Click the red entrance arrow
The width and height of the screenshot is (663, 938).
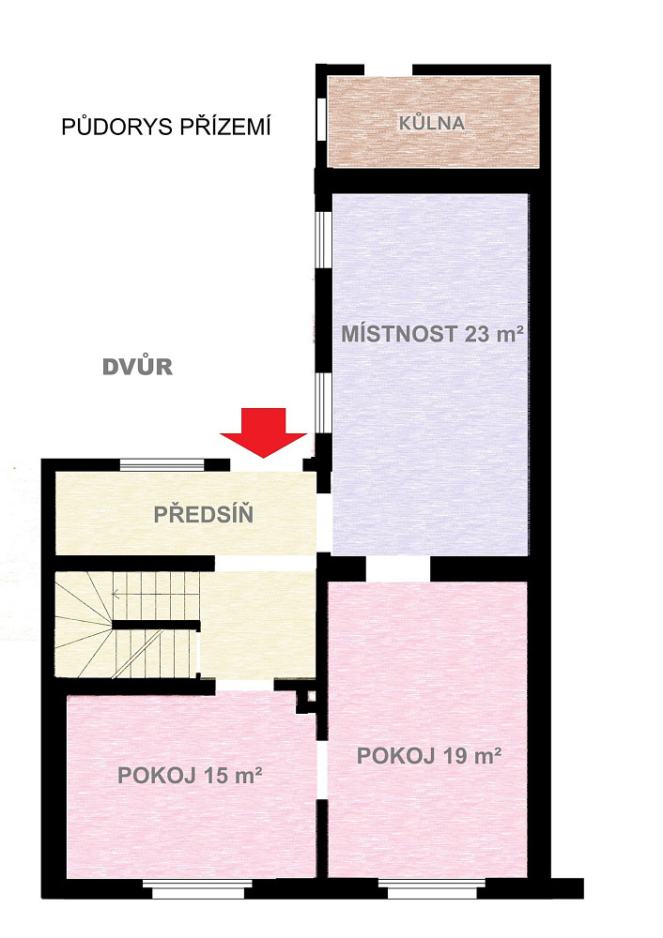point(264,431)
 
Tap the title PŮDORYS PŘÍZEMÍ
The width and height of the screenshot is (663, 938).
point(166,127)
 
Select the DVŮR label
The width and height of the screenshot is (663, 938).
point(138,367)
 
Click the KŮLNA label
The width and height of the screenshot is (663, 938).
point(432,123)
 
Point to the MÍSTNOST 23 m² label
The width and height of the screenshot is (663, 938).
point(432,333)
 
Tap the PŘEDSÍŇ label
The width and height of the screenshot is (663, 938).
point(204,514)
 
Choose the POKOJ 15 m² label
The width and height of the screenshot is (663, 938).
point(190,776)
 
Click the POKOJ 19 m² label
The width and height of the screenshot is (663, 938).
point(429,755)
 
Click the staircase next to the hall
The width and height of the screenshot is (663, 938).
point(127,625)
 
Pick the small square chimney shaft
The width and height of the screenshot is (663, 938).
point(311,696)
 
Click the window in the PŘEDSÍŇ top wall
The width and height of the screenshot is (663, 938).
point(162,465)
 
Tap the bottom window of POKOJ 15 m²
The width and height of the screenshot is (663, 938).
point(198,889)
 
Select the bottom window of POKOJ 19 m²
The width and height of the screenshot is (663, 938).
point(432,889)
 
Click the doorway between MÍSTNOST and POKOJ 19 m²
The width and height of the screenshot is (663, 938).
point(397,568)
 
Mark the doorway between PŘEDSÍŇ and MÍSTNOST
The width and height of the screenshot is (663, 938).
point(323,522)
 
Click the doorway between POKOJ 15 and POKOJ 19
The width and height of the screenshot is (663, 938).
point(322,769)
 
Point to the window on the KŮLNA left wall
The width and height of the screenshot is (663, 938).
point(321,118)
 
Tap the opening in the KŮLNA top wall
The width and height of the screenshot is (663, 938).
point(388,69)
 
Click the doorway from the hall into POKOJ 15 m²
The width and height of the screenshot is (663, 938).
point(244,686)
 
